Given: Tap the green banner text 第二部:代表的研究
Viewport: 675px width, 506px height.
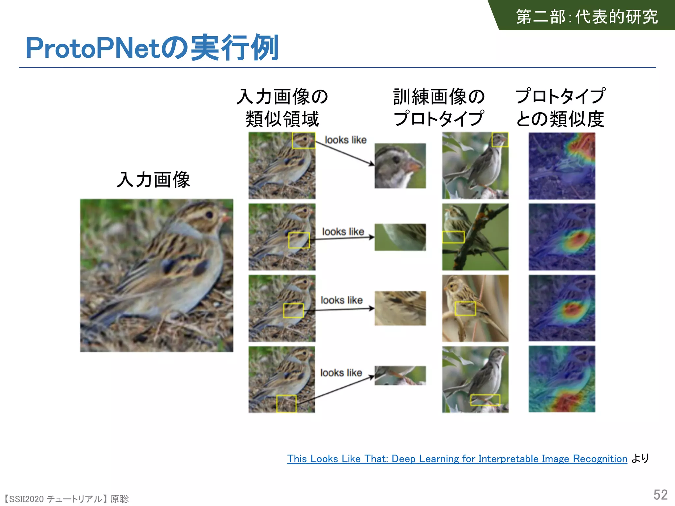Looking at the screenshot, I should pos(587,16).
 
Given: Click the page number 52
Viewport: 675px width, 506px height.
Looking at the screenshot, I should pos(660,494).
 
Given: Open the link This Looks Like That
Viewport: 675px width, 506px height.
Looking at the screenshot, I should pos(457,459).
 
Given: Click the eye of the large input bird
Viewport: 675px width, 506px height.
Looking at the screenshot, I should pos(209,215).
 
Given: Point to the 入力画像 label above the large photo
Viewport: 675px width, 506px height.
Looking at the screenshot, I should pos(153,180).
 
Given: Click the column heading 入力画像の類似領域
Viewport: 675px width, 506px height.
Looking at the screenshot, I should pos(282,107).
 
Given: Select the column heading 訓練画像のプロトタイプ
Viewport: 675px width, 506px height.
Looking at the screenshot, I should pos(439,107).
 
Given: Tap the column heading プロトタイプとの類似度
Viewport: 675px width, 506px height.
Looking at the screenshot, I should pos(560,107).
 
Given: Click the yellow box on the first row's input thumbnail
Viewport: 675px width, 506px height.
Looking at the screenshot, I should pos(303,140).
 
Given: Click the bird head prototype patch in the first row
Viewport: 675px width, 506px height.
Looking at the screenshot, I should pos(400,166).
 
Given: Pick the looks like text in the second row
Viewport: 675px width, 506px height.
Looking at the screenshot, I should pos(343,232).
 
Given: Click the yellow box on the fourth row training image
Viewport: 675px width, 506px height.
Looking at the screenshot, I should pos(485,400).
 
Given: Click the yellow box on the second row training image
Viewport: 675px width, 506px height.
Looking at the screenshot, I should pos(453,237).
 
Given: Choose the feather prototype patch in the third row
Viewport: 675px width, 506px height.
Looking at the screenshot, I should pos(400,308).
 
